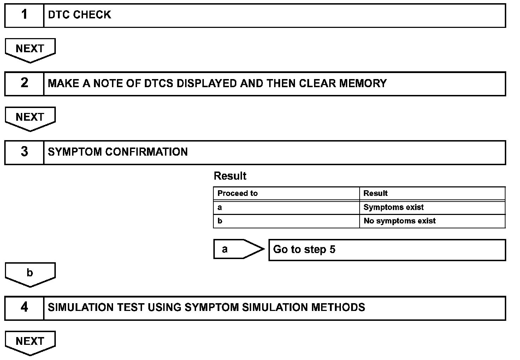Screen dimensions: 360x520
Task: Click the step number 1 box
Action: point(24,15)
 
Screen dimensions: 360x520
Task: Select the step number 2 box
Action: point(24,83)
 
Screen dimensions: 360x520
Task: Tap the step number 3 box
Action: point(24,152)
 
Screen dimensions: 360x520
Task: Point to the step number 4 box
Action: point(24,307)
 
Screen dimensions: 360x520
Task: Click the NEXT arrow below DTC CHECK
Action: point(30,49)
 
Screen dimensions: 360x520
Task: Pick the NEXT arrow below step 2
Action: point(30,118)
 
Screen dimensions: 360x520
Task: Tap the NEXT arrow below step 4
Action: point(30,342)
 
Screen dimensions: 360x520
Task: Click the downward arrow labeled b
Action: point(30,274)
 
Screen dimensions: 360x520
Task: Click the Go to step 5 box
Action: point(387,250)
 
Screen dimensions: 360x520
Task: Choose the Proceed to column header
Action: point(286,193)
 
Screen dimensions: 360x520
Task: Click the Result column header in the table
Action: point(432,193)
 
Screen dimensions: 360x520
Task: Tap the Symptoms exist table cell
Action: point(432,207)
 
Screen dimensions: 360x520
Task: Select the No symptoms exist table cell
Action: point(432,221)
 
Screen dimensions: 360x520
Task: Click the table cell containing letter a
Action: point(286,207)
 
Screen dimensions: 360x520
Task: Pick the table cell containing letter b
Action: point(286,221)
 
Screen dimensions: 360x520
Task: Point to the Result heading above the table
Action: point(230,176)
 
